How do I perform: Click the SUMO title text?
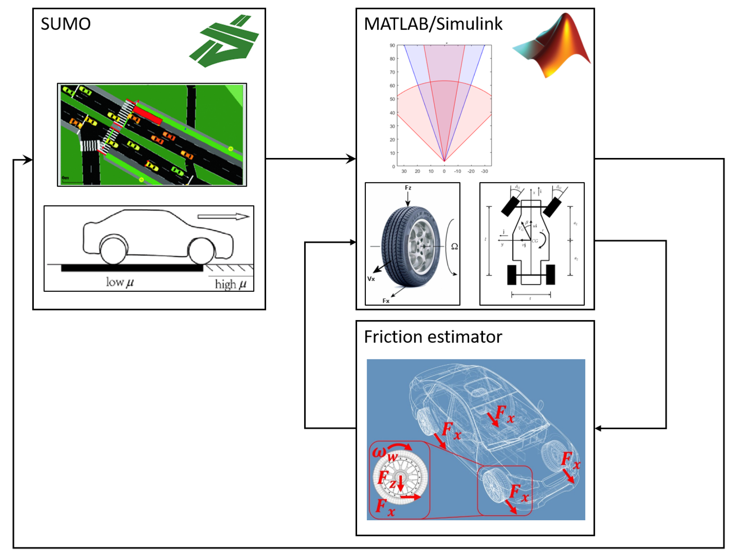pos(65,24)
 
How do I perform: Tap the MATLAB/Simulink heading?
pos(433,24)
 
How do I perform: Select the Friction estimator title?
pos(433,337)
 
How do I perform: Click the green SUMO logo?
pos(224,41)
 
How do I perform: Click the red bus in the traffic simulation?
pos(148,115)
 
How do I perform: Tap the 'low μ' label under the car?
pos(120,282)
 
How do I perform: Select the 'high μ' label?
pos(230,284)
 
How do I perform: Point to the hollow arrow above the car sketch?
pos(223,216)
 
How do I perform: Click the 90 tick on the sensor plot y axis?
pos(392,46)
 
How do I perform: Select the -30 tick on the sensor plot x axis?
pos(484,171)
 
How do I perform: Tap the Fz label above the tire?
pos(408,188)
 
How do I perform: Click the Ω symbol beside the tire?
pos(454,247)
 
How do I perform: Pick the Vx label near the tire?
pos(371,279)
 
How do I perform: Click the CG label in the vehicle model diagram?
pos(535,241)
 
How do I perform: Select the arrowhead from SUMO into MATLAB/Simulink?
pos(351,159)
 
